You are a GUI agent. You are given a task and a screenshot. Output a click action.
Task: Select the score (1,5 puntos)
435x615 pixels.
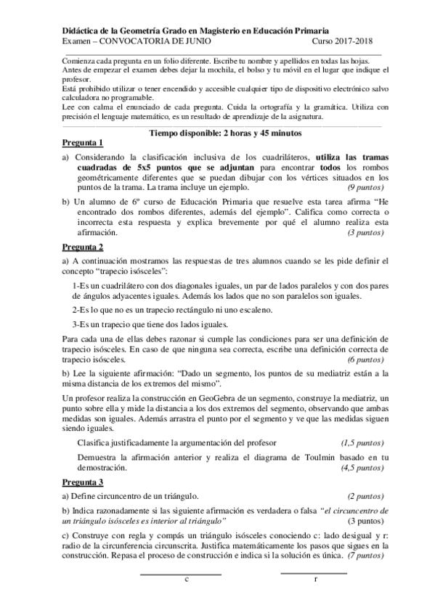pyautogui.click(x=363, y=442)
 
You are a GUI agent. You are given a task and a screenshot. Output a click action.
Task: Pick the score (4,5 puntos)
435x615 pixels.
pyautogui.click(x=363, y=469)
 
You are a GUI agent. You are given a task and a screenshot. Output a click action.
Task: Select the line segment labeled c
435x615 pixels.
pyautogui.click(x=180, y=574)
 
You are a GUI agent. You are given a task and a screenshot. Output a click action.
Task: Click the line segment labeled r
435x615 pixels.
pyautogui.click(x=313, y=574)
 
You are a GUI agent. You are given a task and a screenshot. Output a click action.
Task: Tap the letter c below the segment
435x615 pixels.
pyautogui.click(x=187, y=580)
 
